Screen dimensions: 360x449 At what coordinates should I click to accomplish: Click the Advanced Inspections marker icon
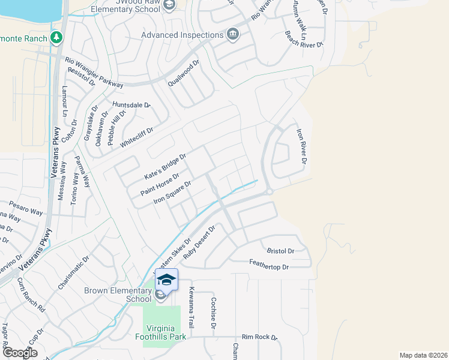233,35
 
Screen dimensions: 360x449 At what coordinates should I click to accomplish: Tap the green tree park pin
56,38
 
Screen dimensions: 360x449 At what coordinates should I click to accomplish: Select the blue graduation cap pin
167,280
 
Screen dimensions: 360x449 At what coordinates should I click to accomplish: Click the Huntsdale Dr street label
130,105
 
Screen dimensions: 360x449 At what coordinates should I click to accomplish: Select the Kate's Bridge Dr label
165,167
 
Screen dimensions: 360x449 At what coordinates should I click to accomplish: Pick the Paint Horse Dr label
160,184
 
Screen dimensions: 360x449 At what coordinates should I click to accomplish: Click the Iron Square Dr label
172,193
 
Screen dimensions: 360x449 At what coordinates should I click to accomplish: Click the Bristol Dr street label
280,251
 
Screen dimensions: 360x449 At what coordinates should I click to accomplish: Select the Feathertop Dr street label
269,266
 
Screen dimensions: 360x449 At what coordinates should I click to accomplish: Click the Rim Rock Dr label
259,337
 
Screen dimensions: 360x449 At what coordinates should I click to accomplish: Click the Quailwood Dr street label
183,73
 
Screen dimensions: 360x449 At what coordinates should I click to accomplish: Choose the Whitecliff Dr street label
137,137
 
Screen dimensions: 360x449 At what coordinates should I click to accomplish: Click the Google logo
20,352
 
